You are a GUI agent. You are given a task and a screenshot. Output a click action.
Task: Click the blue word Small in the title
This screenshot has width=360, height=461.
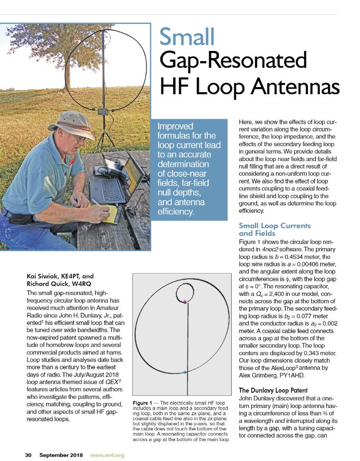(187, 37)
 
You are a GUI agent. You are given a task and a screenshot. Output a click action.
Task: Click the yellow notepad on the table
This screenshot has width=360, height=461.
(104, 211)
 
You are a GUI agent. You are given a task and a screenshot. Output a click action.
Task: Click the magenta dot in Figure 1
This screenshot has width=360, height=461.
(185, 303)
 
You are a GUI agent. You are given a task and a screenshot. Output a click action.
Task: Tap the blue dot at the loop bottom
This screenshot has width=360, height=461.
(185, 373)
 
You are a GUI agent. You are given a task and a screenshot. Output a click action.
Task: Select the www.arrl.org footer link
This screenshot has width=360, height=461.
(107, 454)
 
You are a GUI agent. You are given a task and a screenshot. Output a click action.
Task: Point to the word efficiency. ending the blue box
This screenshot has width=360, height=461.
(176, 211)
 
